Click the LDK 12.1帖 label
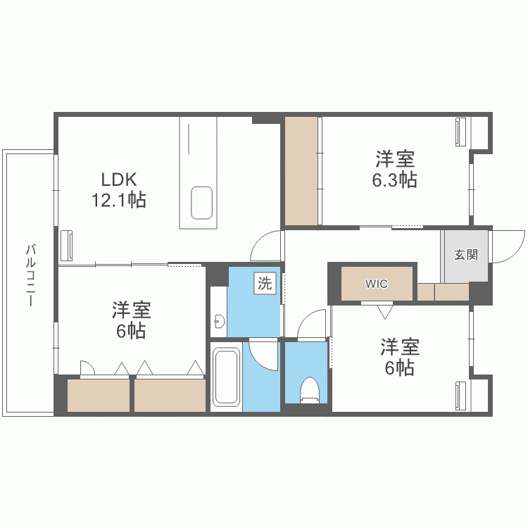point(118,190)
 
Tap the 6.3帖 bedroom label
point(394,169)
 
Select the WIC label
point(376,284)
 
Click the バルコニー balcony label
point(30,275)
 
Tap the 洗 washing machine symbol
point(264,284)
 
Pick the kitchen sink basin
point(203,202)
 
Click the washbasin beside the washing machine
point(219,322)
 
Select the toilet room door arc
point(310,326)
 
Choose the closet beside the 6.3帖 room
point(302,170)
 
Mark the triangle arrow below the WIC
point(384,310)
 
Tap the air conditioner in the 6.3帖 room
point(460,132)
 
